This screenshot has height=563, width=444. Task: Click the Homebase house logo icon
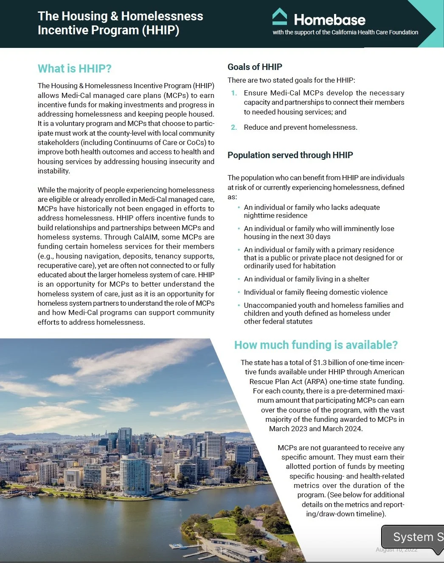[x=280, y=17]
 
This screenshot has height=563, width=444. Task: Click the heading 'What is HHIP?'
[x=75, y=69]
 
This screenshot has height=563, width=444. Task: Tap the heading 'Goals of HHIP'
[x=255, y=67]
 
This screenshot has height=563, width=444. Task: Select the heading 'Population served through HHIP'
[x=290, y=155]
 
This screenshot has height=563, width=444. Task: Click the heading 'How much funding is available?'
[x=316, y=345]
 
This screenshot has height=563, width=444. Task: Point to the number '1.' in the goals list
[x=234, y=93]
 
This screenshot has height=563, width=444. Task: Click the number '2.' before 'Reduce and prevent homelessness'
[x=234, y=127]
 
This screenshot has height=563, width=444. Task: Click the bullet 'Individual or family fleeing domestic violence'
[x=315, y=292]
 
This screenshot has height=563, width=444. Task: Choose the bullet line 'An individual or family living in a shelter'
[x=306, y=279]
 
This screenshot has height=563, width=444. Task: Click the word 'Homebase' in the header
[x=329, y=20]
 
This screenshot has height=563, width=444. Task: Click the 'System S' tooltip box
[x=414, y=537]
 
